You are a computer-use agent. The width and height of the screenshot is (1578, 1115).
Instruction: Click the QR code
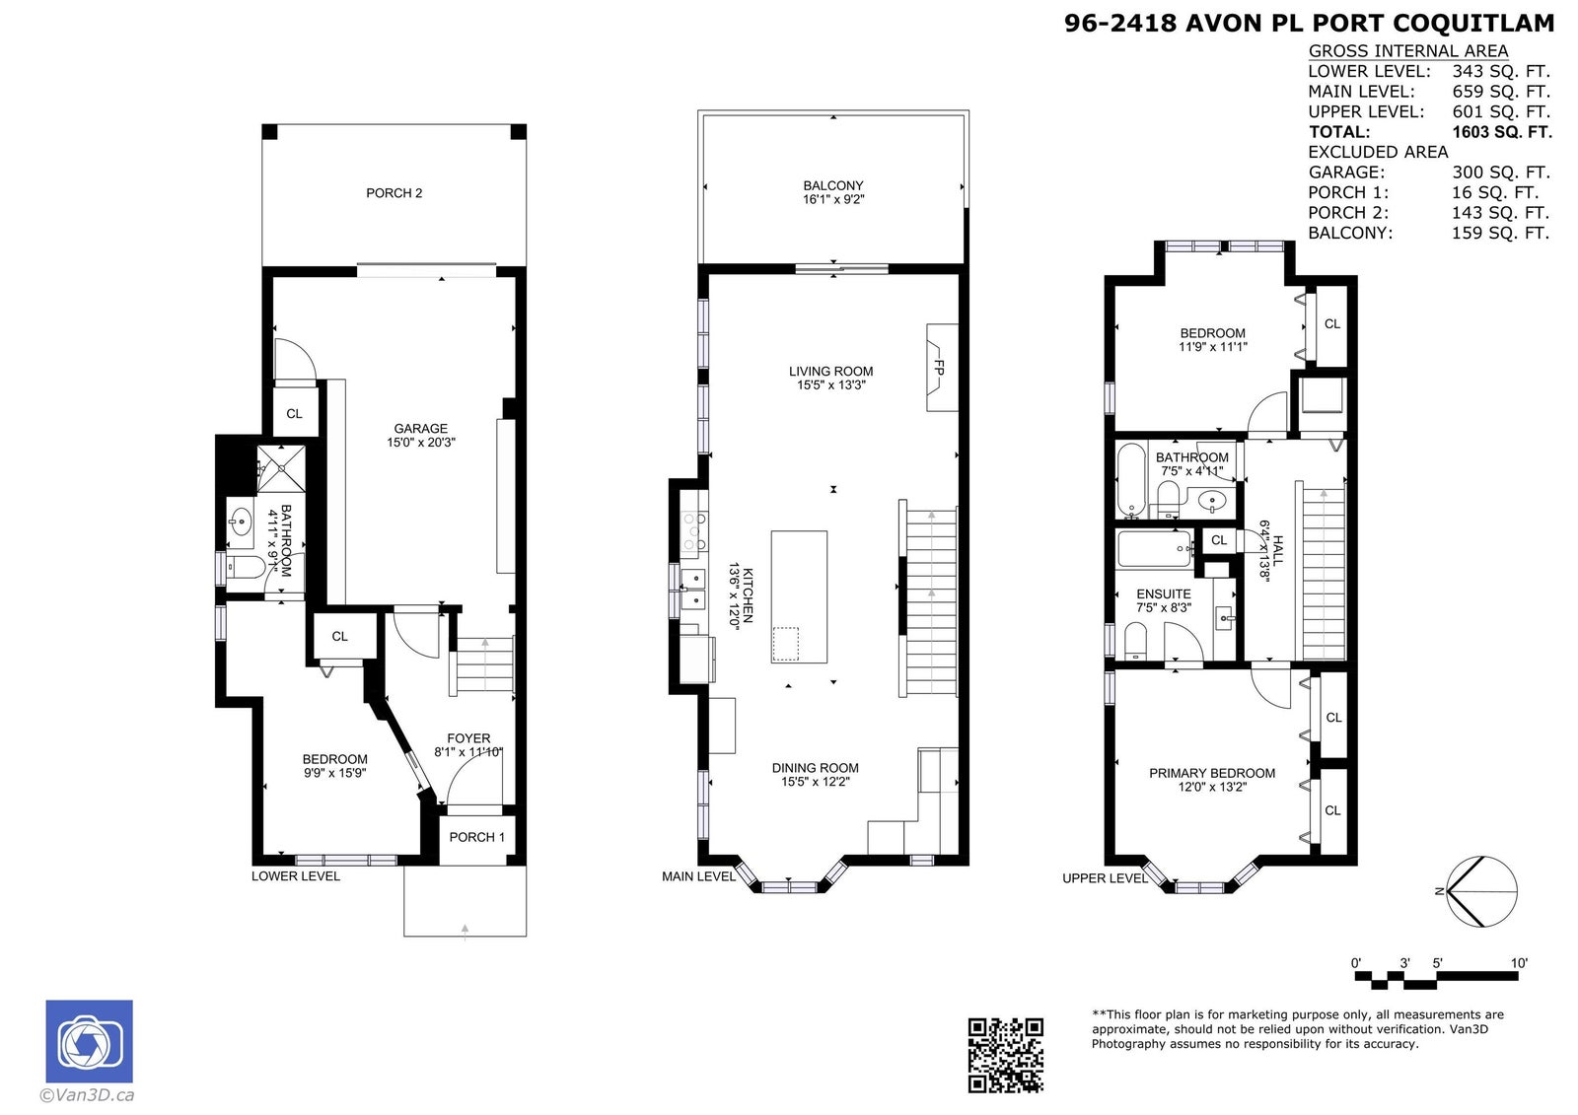pos(1005,1055)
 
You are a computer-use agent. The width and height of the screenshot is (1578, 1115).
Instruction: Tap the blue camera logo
pos(90,1041)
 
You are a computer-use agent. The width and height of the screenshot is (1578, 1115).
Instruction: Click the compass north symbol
pos(1481,892)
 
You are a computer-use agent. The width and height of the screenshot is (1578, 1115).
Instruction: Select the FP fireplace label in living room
pos(938,367)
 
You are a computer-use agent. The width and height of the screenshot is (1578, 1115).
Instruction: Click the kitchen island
pos(799,596)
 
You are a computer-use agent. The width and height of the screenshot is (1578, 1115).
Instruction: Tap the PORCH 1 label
pos(477,837)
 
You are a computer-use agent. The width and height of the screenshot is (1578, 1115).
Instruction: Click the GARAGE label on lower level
pos(420,428)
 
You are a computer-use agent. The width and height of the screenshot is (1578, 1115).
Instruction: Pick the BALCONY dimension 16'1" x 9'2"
pos(833,199)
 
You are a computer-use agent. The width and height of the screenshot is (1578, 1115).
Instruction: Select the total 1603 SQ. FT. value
pos(1502,132)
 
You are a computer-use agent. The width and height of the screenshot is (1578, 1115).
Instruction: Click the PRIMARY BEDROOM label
pos(1212,773)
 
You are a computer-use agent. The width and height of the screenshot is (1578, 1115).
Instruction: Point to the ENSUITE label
pos(1164,593)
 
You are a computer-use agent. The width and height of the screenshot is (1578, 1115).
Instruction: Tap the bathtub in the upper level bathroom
pos(1131,480)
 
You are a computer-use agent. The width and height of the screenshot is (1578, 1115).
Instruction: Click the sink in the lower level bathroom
pos(241,523)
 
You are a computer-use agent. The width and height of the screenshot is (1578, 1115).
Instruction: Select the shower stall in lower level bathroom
pos(280,468)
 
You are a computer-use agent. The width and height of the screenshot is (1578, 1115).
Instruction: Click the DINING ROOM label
pos(815,768)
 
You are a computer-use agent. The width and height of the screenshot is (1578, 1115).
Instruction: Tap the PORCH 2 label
pos(394,193)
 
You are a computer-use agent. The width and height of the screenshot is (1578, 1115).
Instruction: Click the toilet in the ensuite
pos(1135,640)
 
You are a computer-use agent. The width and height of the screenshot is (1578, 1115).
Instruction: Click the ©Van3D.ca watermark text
pos(87,1094)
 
